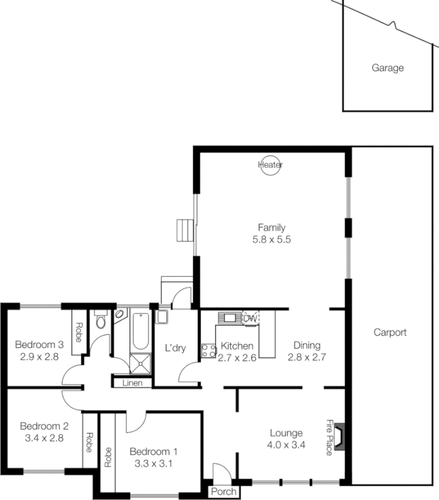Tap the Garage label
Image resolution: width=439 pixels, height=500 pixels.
pyautogui.click(x=388, y=68)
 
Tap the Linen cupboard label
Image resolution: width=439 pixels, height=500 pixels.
pyautogui.click(x=132, y=382)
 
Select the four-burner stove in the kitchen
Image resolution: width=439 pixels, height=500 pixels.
pyautogui.click(x=208, y=351)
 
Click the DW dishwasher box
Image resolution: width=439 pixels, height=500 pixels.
pyautogui.click(x=250, y=318)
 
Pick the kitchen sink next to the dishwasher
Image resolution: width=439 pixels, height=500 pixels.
pyautogui.click(x=230, y=318)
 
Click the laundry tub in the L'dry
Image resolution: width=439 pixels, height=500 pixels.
pyautogui.click(x=162, y=317)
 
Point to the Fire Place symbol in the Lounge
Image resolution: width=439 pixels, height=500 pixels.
pyautogui.click(x=339, y=437)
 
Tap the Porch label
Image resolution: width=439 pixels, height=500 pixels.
pyautogui.click(x=223, y=492)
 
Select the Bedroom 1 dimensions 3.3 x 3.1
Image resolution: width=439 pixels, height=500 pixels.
pyautogui.click(x=154, y=464)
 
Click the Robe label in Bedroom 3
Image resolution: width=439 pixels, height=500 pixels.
pyautogui.click(x=79, y=331)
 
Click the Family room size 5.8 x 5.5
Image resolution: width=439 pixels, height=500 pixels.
pyautogui.click(x=271, y=239)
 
